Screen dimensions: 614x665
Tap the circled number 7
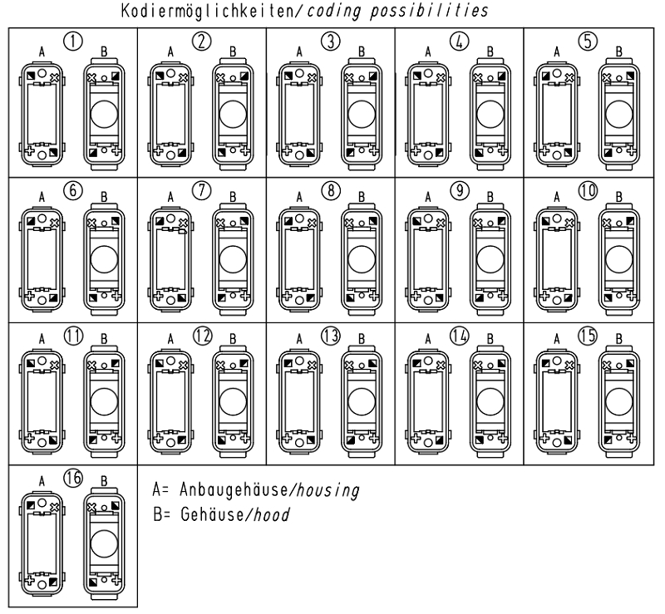(x=201, y=189)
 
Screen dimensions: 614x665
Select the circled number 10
(x=589, y=189)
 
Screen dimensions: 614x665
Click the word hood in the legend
(x=273, y=514)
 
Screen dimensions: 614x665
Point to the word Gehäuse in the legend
(x=209, y=514)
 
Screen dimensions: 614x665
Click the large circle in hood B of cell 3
(x=362, y=113)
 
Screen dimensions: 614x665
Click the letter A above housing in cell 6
(x=42, y=199)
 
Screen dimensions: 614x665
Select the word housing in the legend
(x=330, y=492)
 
